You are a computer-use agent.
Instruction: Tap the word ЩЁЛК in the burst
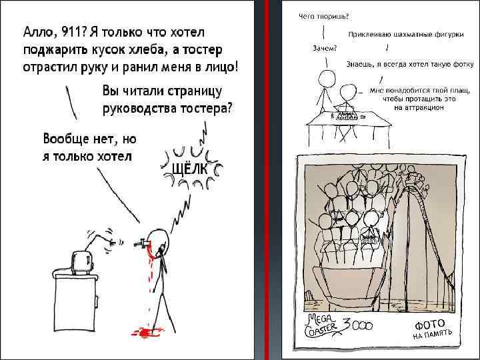(190, 168)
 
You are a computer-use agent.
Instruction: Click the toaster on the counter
(82, 263)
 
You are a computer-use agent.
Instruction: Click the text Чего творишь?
(324, 17)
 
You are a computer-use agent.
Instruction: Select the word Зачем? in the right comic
(325, 48)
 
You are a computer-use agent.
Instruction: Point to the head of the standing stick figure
(327, 79)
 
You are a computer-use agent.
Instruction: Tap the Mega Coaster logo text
(322, 325)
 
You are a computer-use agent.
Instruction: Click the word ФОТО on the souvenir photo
(430, 325)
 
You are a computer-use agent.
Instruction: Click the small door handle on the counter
(97, 301)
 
